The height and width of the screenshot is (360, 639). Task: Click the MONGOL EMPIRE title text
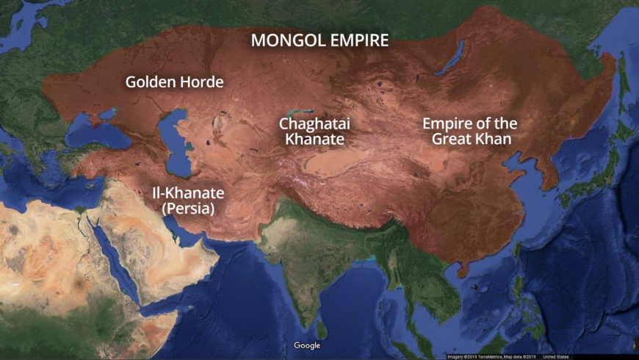pyautogui.click(x=319, y=40)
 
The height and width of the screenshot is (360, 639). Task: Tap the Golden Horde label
pyautogui.click(x=174, y=82)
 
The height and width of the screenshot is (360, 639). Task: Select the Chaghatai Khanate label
pyautogui.click(x=312, y=132)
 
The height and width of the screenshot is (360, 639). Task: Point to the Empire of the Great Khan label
pyautogui.click(x=469, y=131)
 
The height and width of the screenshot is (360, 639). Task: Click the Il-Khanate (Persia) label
pyautogui.click(x=188, y=201)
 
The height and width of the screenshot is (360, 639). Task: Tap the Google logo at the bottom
pyautogui.click(x=307, y=345)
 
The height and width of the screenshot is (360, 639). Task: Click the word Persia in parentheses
pyautogui.click(x=188, y=209)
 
